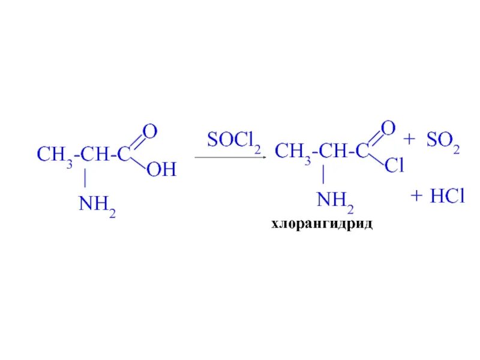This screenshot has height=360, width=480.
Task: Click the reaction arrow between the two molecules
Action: coord(230,158)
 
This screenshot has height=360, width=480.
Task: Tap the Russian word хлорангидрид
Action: coord(322,224)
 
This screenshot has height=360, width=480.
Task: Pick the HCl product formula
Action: coord(446,196)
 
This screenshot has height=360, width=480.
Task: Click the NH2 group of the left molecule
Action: coord(97,206)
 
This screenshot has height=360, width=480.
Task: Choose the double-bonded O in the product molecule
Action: coord(388,128)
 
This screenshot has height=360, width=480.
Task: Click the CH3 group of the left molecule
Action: coord(55,155)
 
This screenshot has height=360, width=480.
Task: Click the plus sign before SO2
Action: coord(410,140)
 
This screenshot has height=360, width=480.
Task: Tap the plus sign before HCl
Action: coord(417,196)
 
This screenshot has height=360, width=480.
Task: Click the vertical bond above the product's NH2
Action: coord(324,175)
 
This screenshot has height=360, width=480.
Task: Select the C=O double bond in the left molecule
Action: coord(136,144)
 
